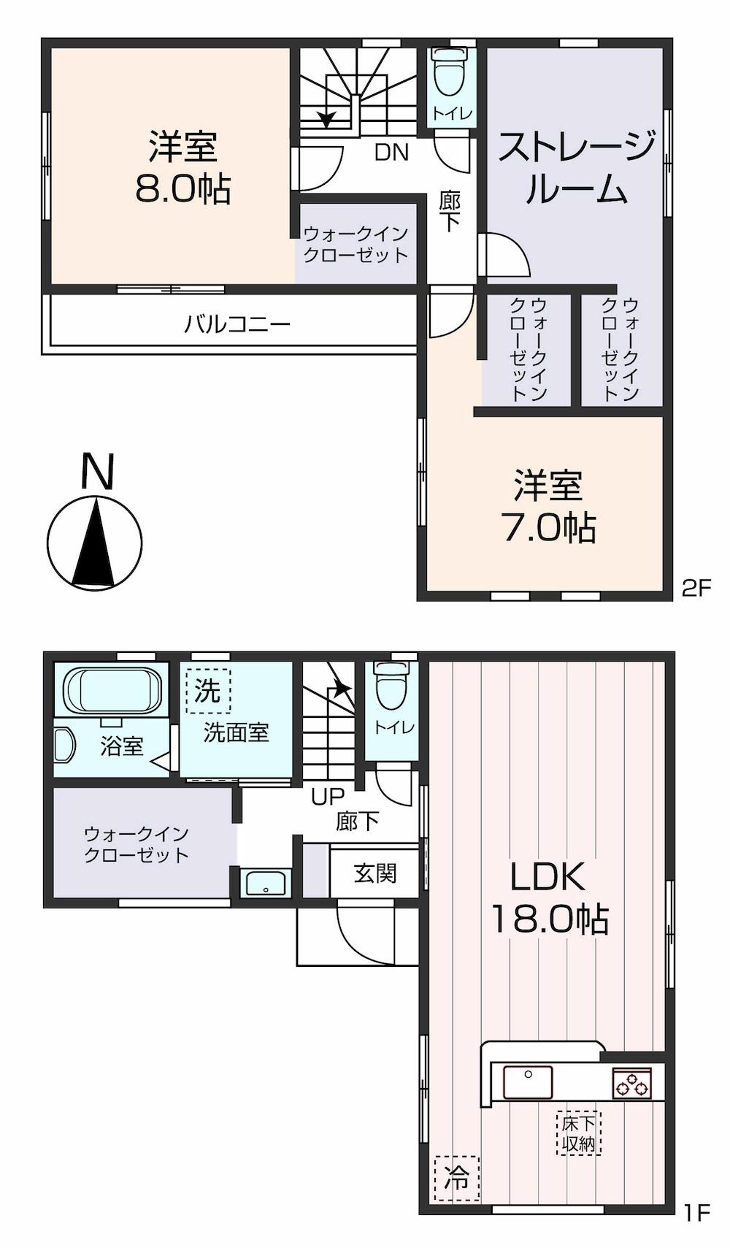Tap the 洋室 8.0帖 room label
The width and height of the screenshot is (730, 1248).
tap(182, 167)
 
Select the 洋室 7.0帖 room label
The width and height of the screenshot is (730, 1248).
tap(548, 507)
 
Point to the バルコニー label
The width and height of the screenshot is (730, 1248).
tap(238, 324)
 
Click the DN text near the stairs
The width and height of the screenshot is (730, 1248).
tap(391, 152)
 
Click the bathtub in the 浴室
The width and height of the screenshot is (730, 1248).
tap(114, 691)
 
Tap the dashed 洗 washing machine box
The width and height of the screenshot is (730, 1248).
tap(208, 692)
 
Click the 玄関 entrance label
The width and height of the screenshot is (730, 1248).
tap(375, 873)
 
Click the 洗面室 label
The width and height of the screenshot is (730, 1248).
tap(236, 732)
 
